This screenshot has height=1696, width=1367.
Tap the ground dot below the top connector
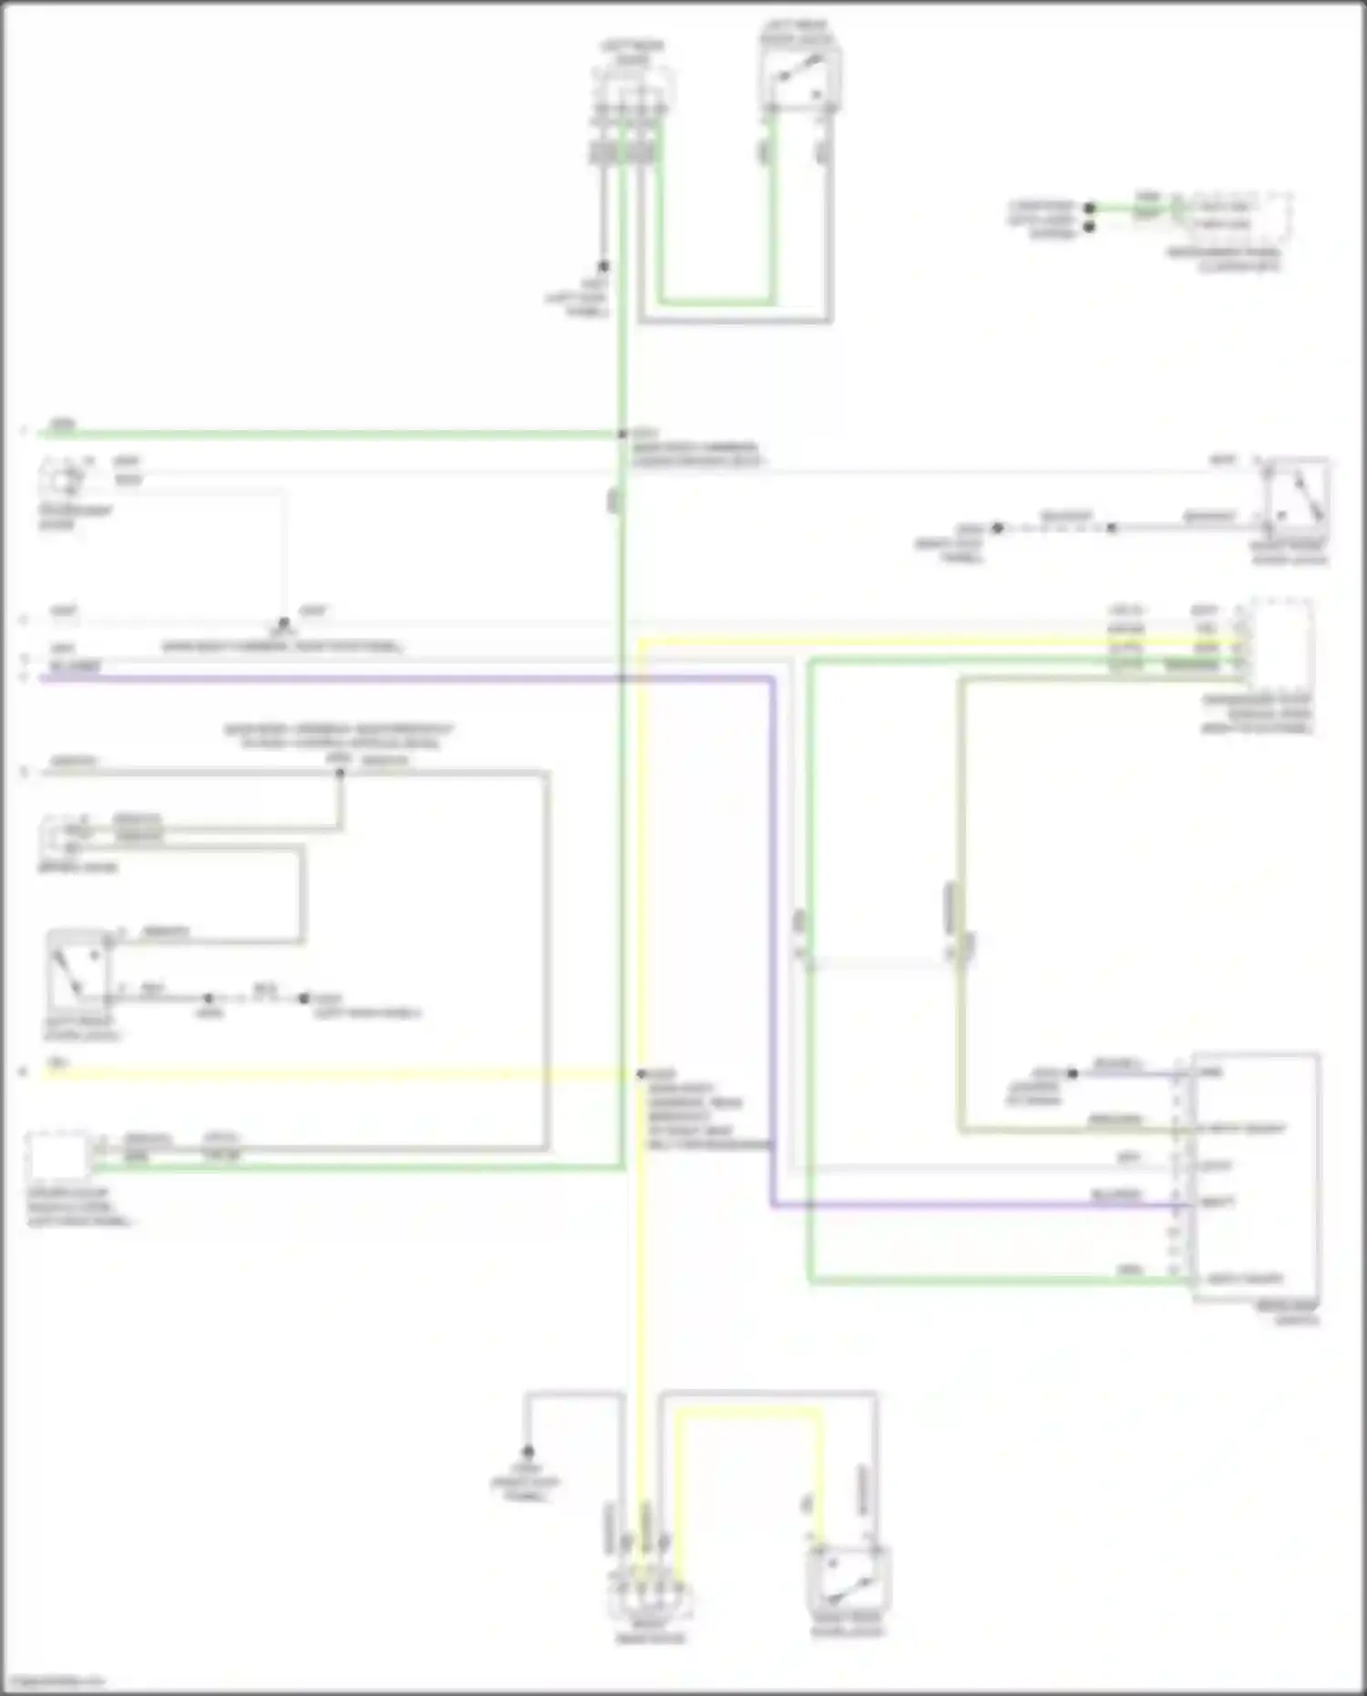(602, 267)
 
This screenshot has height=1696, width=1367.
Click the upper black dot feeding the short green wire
(1089, 208)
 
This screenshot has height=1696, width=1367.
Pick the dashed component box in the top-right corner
(1234, 214)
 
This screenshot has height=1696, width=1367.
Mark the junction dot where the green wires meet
(623, 435)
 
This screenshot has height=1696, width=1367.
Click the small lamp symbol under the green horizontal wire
(62, 479)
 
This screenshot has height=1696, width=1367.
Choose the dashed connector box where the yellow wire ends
(1281, 643)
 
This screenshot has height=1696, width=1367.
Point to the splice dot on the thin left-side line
(283, 623)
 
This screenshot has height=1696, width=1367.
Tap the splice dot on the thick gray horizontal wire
(340, 774)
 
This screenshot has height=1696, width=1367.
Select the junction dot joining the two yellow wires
(642, 1074)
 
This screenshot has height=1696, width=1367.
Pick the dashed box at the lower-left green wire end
(58, 1156)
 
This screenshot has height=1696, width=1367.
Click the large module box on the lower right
(1256, 1176)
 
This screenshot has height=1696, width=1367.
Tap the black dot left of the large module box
(1073, 1074)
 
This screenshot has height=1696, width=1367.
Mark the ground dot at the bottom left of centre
(528, 1451)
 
